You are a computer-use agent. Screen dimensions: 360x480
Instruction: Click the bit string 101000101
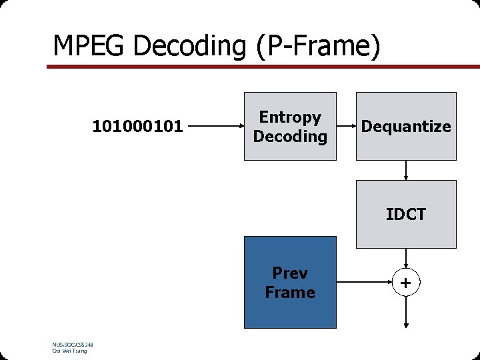tap(138, 126)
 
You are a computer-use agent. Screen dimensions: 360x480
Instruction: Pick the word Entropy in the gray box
tap(290, 117)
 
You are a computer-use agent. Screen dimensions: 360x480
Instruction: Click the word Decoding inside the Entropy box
tap(290, 137)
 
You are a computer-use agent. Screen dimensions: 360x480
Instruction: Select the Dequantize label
tap(406, 127)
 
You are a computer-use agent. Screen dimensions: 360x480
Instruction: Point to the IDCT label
tap(405, 215)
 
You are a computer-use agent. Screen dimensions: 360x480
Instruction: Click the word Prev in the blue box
tap(290, 273)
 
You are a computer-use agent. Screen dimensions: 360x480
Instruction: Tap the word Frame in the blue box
tap(290, 292)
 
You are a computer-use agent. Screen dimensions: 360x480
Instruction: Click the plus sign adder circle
tap(406, 283)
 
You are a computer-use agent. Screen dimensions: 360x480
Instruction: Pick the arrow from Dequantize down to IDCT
tap(406, 171)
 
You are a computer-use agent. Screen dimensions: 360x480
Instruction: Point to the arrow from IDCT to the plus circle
tap(406, 259)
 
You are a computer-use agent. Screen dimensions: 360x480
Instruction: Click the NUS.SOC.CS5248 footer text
tap(72, 345)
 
